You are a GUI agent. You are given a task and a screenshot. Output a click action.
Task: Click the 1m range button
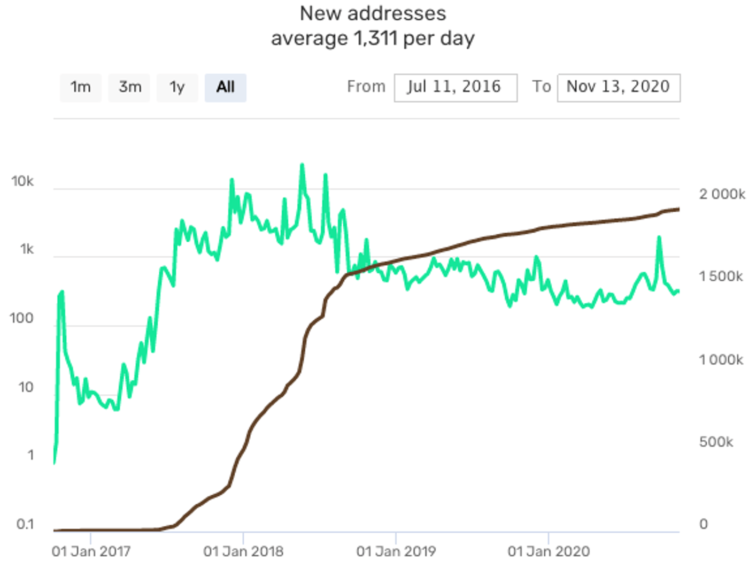pos(81,87)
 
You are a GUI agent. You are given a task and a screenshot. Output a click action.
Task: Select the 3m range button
pos(129,87)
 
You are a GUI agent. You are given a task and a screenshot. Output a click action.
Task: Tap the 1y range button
pos(177,87)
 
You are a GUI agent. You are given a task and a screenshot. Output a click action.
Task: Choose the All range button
pos(225,87)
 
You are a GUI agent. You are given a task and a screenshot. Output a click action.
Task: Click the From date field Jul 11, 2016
pos(455,87)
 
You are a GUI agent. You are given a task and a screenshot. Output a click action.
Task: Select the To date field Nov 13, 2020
pos(618,87)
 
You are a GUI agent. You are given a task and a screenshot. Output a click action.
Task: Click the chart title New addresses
pos(373,13)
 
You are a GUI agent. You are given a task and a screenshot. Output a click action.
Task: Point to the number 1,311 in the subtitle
pos(375,39)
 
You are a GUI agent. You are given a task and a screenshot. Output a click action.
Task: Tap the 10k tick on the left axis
pos(22,181)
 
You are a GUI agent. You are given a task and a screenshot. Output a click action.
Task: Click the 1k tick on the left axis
pos(27,249)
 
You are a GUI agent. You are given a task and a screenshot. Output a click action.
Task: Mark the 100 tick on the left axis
pos(21,319)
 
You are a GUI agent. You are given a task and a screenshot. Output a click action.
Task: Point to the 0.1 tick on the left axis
pos(25,524)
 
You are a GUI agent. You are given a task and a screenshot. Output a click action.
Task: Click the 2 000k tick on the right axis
pos(722,194)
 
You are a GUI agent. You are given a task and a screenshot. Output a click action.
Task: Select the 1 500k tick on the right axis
pos(721,277)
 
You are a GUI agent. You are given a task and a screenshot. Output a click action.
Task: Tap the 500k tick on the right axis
pos(716,442)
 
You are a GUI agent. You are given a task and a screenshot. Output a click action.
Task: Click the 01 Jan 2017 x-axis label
pos(91,551)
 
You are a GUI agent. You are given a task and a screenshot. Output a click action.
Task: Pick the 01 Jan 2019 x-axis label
pos(396,551)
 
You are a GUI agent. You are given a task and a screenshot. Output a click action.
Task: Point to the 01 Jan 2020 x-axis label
pos(549,551)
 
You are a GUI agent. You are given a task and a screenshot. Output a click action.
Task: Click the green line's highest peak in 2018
pos(302,165)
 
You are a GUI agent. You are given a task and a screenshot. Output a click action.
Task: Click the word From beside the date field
pos(366,87)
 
